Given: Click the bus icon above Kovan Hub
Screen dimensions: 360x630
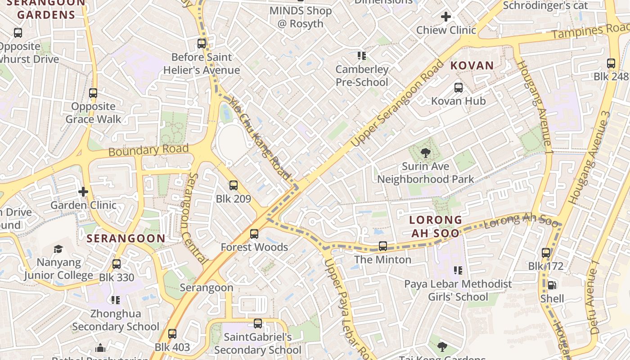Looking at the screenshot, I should pyautogui.click(x=459, y=88).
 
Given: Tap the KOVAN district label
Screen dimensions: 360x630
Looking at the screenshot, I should pyautogui.click(x=472, y=66).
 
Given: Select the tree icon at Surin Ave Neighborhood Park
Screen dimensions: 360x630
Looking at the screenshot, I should pyautogui.click(x=425, y=153).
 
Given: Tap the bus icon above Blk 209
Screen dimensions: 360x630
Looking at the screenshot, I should pyautogui.click(x=233, y=185).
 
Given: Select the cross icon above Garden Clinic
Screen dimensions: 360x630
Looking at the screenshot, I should pyautogui.click(x=83, y=192).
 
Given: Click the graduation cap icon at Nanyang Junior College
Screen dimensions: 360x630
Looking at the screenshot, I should pyautogui.click(x=58, y=249).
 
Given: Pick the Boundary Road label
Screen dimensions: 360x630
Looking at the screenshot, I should pyautogui.click(x=148, y=150).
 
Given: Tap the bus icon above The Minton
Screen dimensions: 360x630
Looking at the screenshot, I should pyautogui.click(x=383, y=246).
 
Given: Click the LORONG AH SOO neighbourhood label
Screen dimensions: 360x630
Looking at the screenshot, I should pyautogui.click(x=436, y=226).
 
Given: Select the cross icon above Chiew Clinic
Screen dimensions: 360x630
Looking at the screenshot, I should pyautogui.click(x=446, y=17).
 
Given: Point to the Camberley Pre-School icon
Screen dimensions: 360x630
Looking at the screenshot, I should pyautogui.click(x=362, y=56).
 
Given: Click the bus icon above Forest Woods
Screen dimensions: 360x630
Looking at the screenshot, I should pyautogui.click(x=254, y=234).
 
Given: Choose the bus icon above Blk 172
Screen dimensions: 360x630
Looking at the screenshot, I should pyautogui.click(x=546, y=253).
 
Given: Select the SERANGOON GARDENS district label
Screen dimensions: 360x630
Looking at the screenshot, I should pyautogui.click(x=46, y=9).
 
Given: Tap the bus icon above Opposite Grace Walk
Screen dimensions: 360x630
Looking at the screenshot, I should pyautogui.click(x=93, y=93).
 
